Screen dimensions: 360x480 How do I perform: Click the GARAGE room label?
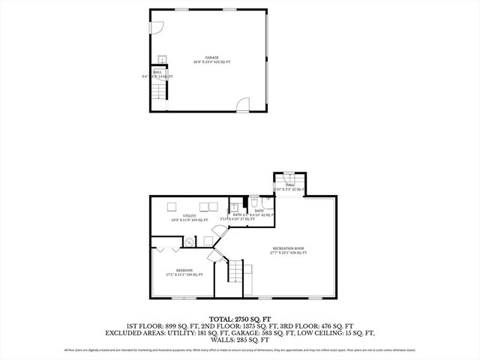point(211,57)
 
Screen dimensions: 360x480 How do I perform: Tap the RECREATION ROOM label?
point(288,248)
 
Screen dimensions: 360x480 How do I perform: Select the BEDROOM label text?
point(184,270)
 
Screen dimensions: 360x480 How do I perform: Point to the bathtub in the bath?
point(235,208)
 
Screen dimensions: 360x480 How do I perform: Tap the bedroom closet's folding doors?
point(166,245)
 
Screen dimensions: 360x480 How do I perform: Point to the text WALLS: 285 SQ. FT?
point(240,340)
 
